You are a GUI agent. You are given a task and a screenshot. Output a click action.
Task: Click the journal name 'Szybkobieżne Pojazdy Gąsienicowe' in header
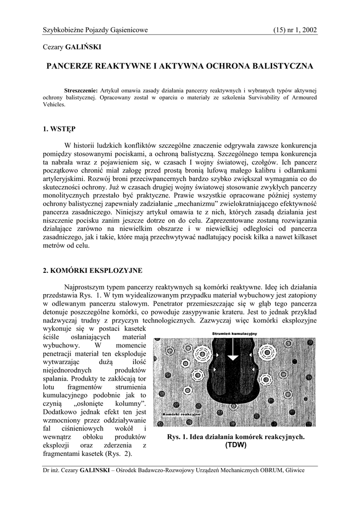point(95,30)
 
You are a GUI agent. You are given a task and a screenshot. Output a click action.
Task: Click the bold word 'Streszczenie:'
point(81,91)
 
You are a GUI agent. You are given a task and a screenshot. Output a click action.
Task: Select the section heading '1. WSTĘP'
point(59,129)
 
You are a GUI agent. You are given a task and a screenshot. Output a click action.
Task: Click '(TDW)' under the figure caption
point(235,445)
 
